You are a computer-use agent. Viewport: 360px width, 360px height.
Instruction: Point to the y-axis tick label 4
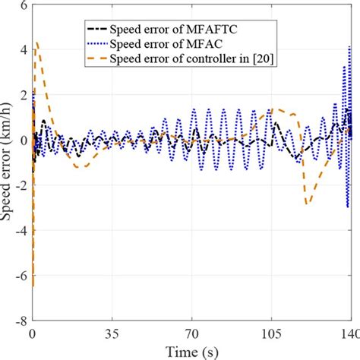tap(23, 50)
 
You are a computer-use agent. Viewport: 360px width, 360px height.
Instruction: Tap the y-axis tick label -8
tap(20, 321)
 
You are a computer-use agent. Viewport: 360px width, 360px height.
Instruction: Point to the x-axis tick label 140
tap(349, 334)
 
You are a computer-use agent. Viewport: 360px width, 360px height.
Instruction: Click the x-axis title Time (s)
tap(192, 351)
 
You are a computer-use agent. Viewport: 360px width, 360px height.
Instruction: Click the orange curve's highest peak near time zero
tap(37, 43)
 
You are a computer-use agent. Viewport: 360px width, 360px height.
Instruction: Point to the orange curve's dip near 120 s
tap(307, 204)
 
